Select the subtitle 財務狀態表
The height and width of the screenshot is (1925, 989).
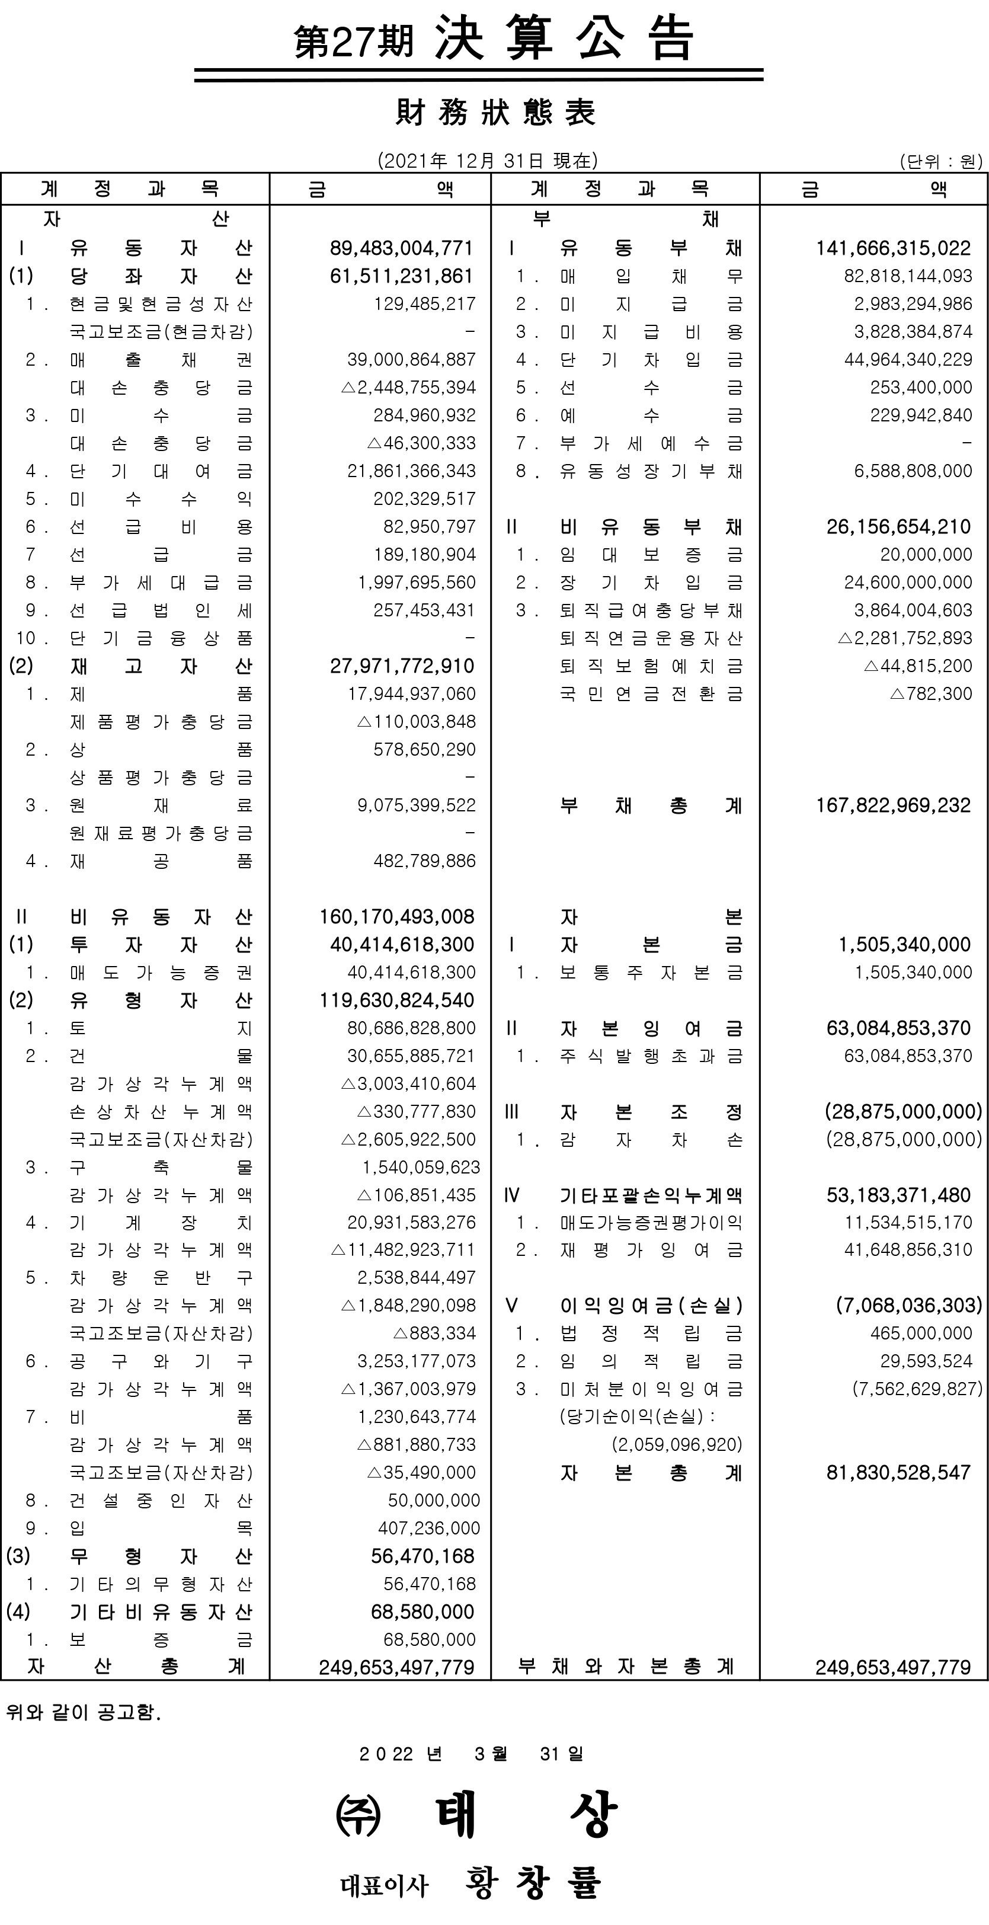[x=495, y=113]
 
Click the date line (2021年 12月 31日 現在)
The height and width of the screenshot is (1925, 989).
[x=487, y=161]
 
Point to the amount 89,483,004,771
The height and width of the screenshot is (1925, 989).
[x=401, y=248]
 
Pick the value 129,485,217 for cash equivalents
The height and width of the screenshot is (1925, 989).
[x=424, y=304]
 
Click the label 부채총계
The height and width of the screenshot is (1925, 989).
[x=651, y=805]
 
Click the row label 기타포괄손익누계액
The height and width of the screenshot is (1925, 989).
[x=651, y=1195]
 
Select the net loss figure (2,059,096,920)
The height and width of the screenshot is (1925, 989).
[x=677, y=1444]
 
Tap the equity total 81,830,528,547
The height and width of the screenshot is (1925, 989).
[x=898, y=1473]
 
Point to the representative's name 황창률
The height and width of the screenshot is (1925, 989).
[x=533, y=1883]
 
